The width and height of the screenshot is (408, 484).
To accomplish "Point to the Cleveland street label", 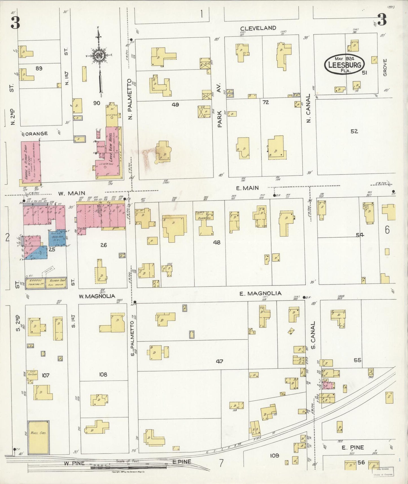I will [258, 28].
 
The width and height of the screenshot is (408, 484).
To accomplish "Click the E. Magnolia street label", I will [260, 293].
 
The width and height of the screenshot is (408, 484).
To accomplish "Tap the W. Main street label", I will [68, 194].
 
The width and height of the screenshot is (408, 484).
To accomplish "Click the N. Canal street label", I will [308, 108].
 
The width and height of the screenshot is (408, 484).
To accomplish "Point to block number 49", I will [175, 105].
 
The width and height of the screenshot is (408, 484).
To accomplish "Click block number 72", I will [265, 102].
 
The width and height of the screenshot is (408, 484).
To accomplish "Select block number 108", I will [103, 375].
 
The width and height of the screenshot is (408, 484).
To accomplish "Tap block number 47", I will [219, 361].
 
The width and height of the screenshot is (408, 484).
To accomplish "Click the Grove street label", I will [385, 67].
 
